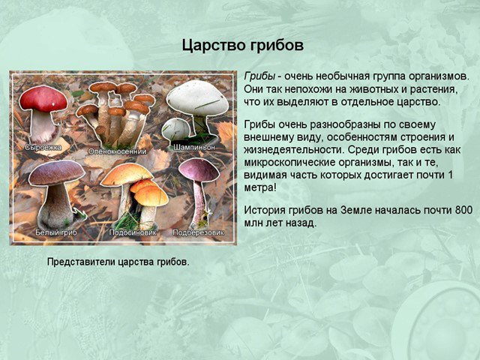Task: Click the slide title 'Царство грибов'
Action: [x=243, y=45]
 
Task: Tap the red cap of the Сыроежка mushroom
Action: [x=43, y=98]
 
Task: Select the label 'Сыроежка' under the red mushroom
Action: [x=43, y=147]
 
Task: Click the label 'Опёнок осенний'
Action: [x=117, y=151]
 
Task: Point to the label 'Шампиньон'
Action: [x=194, y=147]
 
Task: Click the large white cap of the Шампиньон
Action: [x=197, y=97]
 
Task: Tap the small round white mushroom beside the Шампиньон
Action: [x=175, y=129]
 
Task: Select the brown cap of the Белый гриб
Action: [x=57, y=172]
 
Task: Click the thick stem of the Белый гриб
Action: [x=56, y=205]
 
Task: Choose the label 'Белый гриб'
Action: [x=56, y=232]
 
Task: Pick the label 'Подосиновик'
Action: [x=133, y=232]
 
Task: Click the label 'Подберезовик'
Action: [x=198, y=232]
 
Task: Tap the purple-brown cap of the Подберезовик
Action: [x=199, y=169]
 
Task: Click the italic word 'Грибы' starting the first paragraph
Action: [x=259, y=76]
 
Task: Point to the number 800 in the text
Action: [x=463, y=210]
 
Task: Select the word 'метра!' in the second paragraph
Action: [x=260, y=187]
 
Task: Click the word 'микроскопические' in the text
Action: [x=289, y=163]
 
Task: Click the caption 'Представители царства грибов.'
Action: [x=118, y=262]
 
